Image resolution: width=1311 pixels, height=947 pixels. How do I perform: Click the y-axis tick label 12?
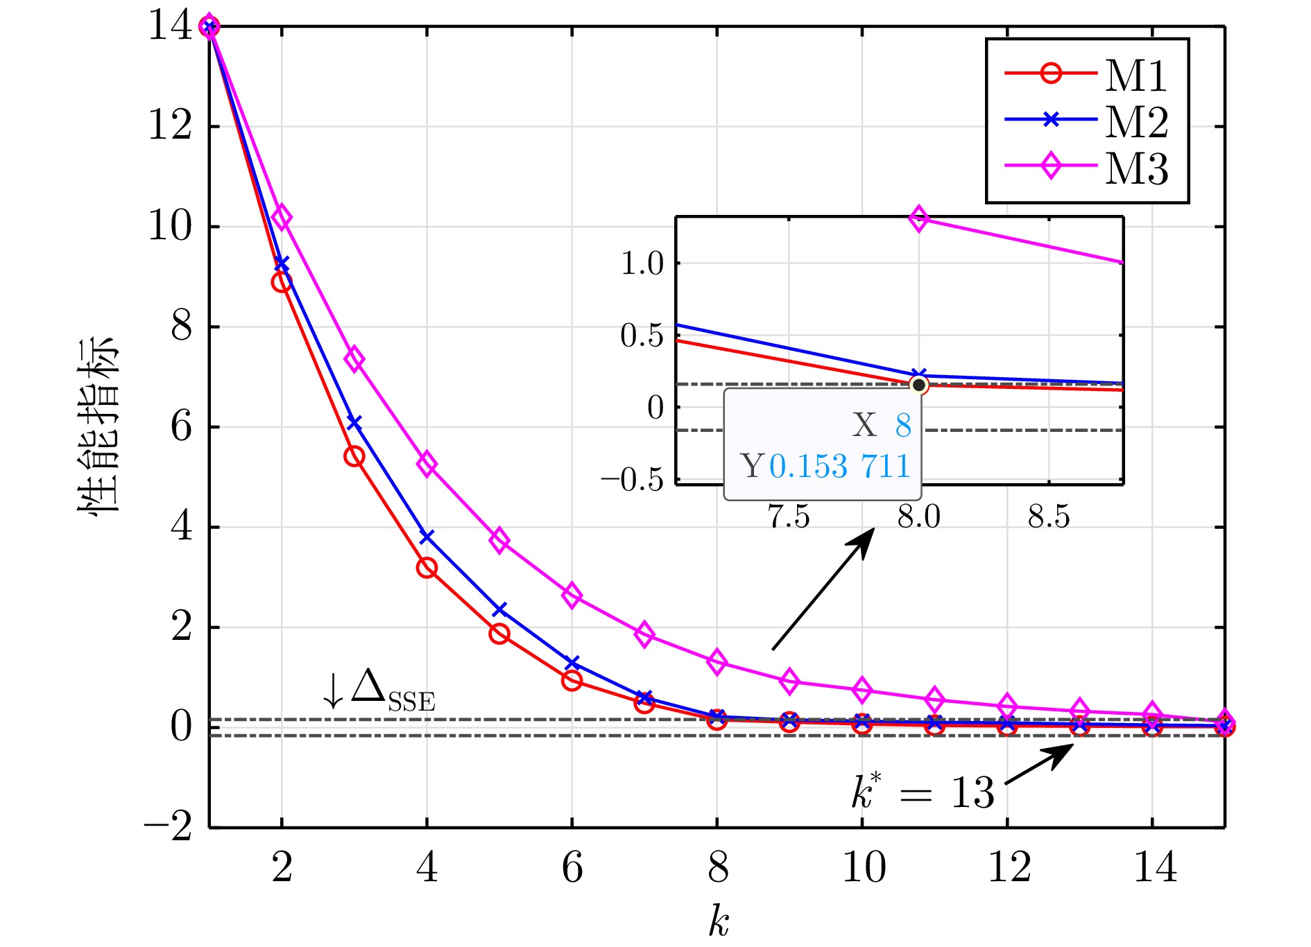coord(171,126)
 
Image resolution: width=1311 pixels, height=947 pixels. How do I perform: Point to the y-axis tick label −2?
coord(168,826)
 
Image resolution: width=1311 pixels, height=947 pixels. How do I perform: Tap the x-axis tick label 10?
coord(863,867)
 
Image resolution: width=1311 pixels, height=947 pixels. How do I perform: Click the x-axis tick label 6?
coord(572,867)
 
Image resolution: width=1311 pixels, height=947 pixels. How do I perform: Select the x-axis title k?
coord(719,921)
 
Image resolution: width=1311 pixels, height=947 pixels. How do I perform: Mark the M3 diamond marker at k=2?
coord(282,217)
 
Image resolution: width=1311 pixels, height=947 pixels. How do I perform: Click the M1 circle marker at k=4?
coord(427,568)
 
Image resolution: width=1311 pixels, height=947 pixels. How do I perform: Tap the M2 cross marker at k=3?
coord(354,423)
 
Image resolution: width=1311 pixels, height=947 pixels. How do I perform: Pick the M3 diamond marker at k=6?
coord(572,596)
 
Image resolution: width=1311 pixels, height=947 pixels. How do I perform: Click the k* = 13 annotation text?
coord(923,792)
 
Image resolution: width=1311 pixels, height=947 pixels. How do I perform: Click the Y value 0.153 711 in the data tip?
coord(839,466)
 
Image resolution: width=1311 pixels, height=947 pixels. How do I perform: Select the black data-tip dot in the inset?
coord(919,385)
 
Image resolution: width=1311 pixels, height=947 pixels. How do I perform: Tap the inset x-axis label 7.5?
coord(789,517)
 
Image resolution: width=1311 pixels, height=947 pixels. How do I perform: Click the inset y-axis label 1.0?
coord(642,264)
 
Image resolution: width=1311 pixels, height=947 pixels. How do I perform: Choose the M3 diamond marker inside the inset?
coord(919,219)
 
